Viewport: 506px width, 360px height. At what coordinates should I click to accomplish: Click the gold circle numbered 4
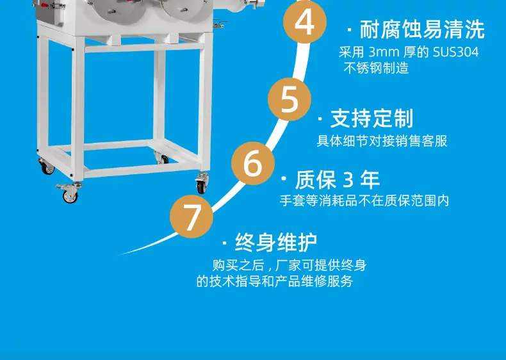[305, 21]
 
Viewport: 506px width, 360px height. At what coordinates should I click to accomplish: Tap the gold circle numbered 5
[290, 99]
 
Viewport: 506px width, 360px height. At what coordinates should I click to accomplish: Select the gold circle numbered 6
[253, 163]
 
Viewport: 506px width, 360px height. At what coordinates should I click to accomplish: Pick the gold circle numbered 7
[192, 217]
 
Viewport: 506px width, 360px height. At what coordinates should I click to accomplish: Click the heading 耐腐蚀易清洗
[422, 29]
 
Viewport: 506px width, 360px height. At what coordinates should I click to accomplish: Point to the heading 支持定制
[371, 119]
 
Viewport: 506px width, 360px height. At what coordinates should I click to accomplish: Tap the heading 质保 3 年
[337, 179]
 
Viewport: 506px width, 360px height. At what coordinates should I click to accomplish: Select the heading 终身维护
[276, 242]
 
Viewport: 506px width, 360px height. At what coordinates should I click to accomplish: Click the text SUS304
[455, 52]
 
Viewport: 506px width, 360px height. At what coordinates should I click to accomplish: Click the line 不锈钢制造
[376, 68]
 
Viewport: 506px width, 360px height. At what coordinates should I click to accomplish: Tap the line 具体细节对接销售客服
[382, 141]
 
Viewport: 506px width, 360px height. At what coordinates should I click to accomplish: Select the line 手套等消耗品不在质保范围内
[364, 200]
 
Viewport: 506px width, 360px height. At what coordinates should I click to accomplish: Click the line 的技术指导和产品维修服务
[275, 281]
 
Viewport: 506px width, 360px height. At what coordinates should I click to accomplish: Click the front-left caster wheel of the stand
[69, 193]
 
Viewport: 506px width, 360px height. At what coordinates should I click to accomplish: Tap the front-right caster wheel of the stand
[202, 183]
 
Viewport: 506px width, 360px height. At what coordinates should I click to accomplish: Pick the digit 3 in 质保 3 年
[348, 180]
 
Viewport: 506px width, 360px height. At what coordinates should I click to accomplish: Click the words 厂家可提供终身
[321, 265]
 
